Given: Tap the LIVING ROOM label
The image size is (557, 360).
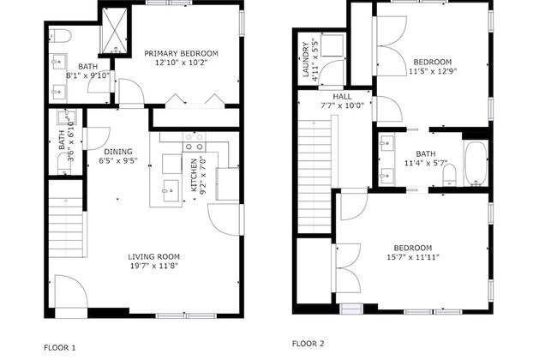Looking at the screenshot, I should click(x=153, y=256).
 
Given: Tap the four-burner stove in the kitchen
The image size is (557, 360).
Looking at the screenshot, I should click(x=195, y=141).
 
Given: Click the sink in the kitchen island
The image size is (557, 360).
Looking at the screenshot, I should click(x=169, y=192).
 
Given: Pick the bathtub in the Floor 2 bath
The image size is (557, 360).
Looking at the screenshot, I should click(x=475, y=163).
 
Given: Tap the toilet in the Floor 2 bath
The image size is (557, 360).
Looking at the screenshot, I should click(x=448, y=176).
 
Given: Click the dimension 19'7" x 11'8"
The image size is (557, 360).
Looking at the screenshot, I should click(x=153, y=267).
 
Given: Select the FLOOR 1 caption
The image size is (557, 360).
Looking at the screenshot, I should click(x=60, y=347).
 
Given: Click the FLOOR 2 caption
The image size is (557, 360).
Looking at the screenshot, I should click(x=308, y=343).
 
